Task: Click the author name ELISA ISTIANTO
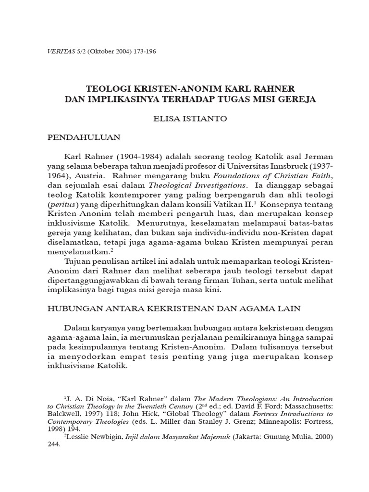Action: pos(184,118)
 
